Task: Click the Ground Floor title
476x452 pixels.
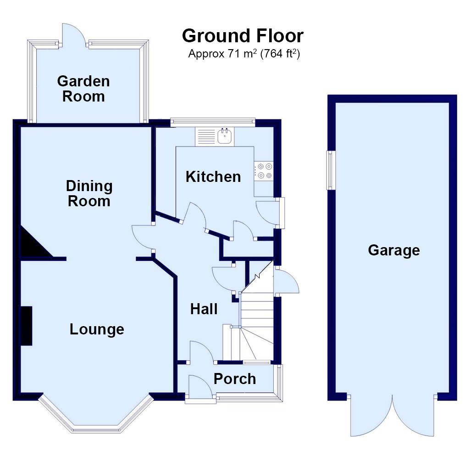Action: [243, 36]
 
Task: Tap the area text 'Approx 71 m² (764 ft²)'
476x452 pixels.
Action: [244, 54]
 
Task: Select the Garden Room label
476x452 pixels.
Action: [83, 89]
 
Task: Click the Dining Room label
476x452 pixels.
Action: [89, 193]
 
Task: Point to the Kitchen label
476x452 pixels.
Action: [213, 176]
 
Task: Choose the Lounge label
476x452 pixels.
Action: [97, 329]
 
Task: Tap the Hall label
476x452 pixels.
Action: [204, 309]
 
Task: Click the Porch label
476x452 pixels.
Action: [235, 379]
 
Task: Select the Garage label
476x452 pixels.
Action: [393, 250]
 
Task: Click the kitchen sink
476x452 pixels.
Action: [224, 136]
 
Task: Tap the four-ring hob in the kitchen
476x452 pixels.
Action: [264, 171]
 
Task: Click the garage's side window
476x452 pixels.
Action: [330, 170]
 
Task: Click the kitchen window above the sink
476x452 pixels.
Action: [212, 122]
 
